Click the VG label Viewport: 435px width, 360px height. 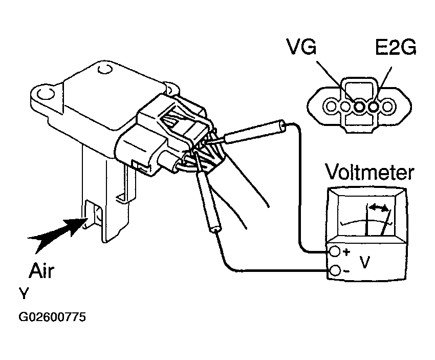point(302,47)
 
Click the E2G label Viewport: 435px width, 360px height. point(396,47)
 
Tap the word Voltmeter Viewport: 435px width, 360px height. point(370,172)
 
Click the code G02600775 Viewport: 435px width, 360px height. point(52,316)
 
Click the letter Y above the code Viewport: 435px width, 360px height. point(24,293)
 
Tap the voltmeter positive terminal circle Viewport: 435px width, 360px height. point(335,251)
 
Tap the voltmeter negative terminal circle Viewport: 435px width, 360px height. point(335,270)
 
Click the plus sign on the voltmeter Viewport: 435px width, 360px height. point(346,252)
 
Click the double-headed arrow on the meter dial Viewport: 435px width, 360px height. point(378,207)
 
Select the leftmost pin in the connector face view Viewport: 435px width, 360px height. point(331,106)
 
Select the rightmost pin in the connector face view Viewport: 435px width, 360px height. point(387,107)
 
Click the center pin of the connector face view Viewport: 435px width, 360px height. point(359,107)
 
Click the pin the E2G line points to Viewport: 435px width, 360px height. point(374,107)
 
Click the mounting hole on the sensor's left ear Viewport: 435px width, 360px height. point(45,94)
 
